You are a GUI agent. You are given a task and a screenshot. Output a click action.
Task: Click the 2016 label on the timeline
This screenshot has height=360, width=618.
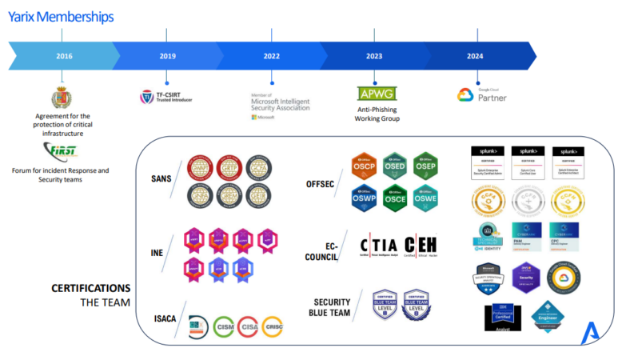click(x=64, y=56)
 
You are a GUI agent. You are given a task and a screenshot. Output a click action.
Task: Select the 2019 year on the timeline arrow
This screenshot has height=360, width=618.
click(x=167, y=56)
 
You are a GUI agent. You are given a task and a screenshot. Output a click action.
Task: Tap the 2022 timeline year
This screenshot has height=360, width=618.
click(x=271, y=56)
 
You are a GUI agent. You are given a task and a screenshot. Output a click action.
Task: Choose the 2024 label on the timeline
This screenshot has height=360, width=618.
click(x=476, y=56)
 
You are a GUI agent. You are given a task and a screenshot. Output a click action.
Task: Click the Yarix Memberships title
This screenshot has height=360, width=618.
click(x=61, y=16)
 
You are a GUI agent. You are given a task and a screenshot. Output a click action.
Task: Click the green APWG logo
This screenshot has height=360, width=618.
click(x=377, y=94)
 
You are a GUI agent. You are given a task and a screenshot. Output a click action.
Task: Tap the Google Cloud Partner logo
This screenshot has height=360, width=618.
click(x=482, y=94)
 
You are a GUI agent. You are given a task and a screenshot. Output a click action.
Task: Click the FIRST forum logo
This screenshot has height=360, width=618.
click(x=61, y=151)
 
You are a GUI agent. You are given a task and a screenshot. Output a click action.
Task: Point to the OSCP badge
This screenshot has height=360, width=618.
click(x=365, y=166)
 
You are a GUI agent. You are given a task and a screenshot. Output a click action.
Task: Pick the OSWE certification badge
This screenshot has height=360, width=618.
click(x=425, y=197)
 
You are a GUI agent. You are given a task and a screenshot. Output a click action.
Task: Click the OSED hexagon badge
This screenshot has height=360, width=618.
click(x=395, y=166)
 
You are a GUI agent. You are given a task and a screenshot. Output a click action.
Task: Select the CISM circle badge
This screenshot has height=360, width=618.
click(x=225, y=325)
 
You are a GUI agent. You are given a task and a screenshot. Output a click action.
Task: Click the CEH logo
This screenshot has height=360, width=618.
click(x=421, y=246)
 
